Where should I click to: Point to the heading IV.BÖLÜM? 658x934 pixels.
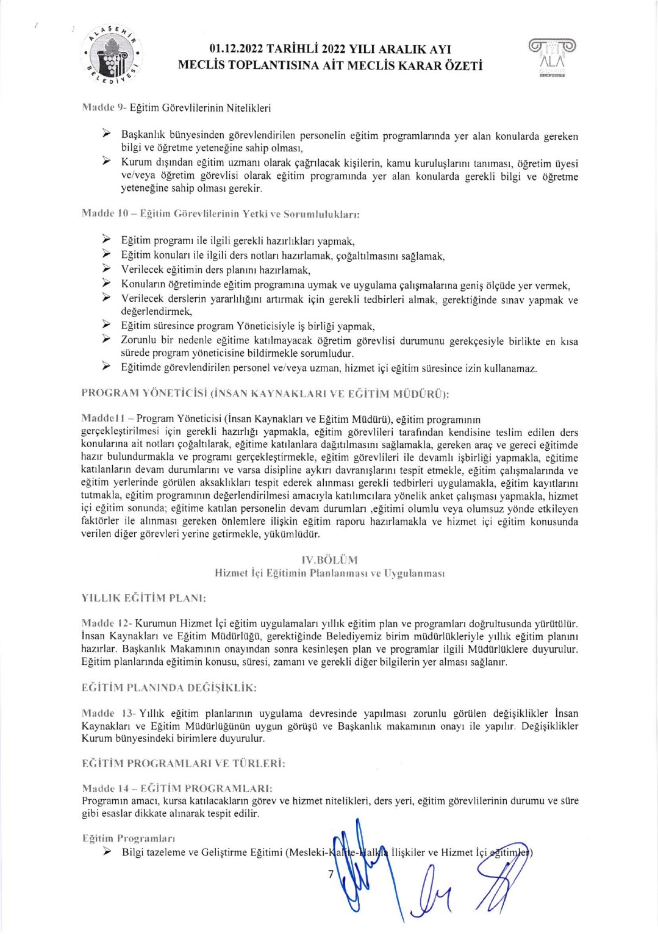(x=329, y=560)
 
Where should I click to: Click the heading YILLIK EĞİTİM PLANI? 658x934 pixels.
(x=143, y=598)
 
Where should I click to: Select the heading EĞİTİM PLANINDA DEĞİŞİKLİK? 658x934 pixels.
(x=169, y=688)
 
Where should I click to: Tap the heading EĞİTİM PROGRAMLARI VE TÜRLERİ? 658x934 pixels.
(x=184, y=763)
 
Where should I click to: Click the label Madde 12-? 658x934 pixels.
(x=106, y=623)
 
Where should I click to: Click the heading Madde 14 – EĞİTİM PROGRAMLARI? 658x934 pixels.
(x=177, y=788)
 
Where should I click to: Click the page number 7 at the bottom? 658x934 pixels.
(x=331, y=874)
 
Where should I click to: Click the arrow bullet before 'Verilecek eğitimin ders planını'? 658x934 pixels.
(x=106, y=269)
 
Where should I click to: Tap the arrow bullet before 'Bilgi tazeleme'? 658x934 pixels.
(x=106, y=852)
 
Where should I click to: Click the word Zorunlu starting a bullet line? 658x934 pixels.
(x=139, y=340)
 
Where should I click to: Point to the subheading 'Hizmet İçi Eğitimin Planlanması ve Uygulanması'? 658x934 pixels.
(x=329, y=573)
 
